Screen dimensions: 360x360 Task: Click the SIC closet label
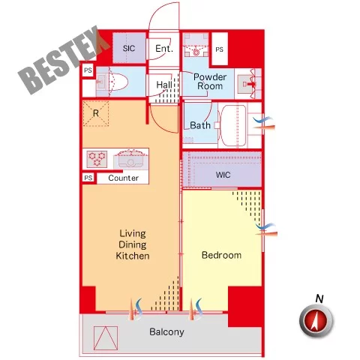click(x=129, y=48)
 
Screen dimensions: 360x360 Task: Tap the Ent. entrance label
click(x=164, y=48)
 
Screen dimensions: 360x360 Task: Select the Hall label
click(x=164, y=85)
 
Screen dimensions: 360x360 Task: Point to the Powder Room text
click(x=210, y=81)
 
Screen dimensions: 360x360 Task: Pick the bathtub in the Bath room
click(x=232, y=125)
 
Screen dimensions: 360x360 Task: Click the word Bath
click(x=200, y=125)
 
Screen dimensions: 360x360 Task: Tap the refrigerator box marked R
click(x=96, y=113)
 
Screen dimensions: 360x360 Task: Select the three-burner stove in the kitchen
click(x=97, y=159)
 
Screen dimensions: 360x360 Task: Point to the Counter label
click(x=123, y=178)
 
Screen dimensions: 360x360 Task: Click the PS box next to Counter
click(x=88, y=178)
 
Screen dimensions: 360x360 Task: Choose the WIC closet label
click(x=223, y=175)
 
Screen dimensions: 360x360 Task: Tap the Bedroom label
click(x=221, y=255)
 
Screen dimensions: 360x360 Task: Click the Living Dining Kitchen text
click(x=133, y=244)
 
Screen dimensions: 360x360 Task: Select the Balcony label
click(x=166, y=332)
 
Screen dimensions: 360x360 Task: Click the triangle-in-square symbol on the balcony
click(x=106, y=338)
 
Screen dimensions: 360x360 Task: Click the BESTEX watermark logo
click(x=64, y=60)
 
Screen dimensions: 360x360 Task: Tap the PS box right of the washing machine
click(x=220, y=49)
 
